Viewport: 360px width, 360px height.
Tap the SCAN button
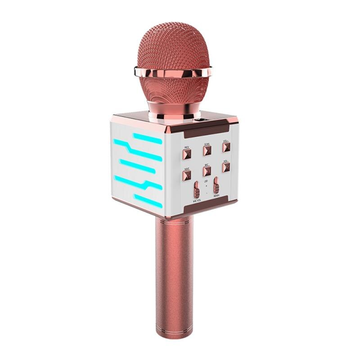pyautogui.click(x=207, y=151)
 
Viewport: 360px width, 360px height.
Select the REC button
pyautogui.click(x=207, y=171)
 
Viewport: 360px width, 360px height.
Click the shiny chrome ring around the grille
pyautogui.click(x=173, y=72)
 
